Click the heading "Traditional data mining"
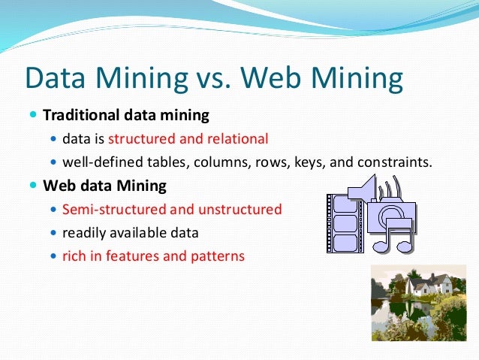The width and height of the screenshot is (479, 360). [x=126, y=116]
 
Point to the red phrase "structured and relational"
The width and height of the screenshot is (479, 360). [x=188, y=139]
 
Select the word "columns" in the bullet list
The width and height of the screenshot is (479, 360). [x=223, y=162]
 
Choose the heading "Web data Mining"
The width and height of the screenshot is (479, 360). [x=104, y=185]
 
